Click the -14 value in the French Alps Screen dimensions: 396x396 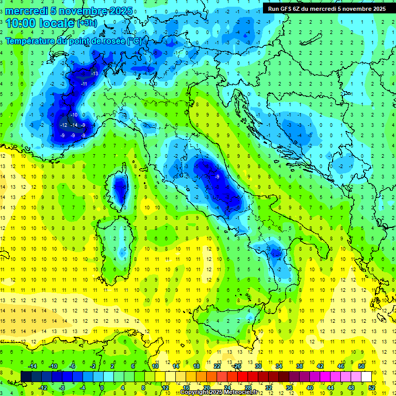74,125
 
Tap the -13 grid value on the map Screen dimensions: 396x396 94,74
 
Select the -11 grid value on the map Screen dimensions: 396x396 84,84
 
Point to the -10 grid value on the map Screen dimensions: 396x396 74,115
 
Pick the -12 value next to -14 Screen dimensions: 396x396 64,125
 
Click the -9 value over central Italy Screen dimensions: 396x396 218,177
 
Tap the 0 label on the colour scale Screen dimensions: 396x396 102,387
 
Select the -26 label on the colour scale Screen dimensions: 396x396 237,366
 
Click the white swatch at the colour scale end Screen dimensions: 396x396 366,376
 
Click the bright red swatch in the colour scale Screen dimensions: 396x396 242,376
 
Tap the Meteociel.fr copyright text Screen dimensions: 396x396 222,392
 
